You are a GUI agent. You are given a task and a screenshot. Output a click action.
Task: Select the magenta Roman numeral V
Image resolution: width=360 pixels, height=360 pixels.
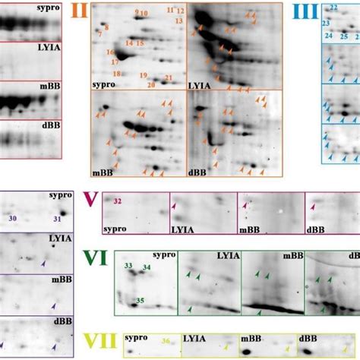[x=90, y=201]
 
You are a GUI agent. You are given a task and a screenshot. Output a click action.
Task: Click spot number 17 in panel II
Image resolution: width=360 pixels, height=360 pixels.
[x=114, y=62]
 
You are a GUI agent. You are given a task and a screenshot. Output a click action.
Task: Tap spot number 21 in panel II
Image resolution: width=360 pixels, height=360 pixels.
[x=169, y=78]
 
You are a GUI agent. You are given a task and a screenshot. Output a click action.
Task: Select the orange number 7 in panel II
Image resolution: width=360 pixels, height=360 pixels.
[x=99, y=34]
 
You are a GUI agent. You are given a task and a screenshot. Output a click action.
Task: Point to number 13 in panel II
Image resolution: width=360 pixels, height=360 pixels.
[x=178, y=21]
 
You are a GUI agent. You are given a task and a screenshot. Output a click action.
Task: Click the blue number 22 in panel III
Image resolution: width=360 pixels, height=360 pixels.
[x=334, y=7]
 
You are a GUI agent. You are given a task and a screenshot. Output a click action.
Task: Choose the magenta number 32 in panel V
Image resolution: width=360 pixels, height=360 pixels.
[x=118, y=201]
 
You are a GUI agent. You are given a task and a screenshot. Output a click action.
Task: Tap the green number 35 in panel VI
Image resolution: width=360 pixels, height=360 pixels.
[x=141, y=301]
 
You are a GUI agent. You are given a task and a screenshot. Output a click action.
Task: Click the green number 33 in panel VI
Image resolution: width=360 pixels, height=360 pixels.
[x=128, y=265]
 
